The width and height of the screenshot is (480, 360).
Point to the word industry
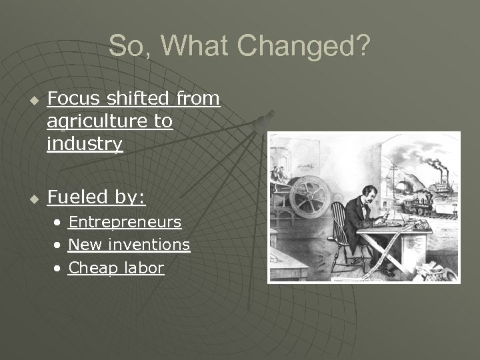85,144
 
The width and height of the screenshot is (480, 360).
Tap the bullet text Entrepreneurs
125,221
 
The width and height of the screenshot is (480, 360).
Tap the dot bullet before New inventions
59,245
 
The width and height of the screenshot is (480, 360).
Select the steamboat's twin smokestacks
445,175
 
